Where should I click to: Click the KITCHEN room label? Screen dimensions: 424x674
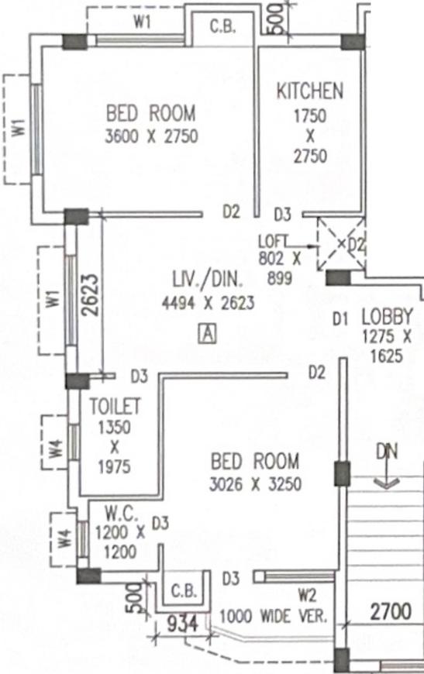tap(309, 91)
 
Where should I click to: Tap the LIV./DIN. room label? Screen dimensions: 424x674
tap(208, 280)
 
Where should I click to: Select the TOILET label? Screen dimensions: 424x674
tap(115, 406)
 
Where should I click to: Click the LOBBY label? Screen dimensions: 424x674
tap(387, 317)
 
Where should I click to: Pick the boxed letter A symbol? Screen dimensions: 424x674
tap(208, 334)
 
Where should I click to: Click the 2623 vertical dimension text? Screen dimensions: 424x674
tap(91, 295)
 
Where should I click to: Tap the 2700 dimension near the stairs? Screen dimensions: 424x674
tap(391, 610)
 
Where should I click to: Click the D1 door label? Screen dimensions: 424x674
tap(340, 319)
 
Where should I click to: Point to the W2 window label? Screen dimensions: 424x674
tap(308, 596)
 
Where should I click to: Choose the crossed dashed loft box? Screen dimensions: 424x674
tap(341, 243)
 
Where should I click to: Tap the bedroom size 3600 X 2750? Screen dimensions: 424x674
tap(151, 136)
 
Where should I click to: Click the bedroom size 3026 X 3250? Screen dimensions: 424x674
tap(255, 484)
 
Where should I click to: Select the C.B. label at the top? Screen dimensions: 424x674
tap(222, 26)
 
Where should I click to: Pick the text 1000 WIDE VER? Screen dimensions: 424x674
tap(274, 617)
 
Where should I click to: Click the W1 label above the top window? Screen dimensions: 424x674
tap(142, 22)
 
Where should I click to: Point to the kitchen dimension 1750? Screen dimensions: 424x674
tap(309, 116)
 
